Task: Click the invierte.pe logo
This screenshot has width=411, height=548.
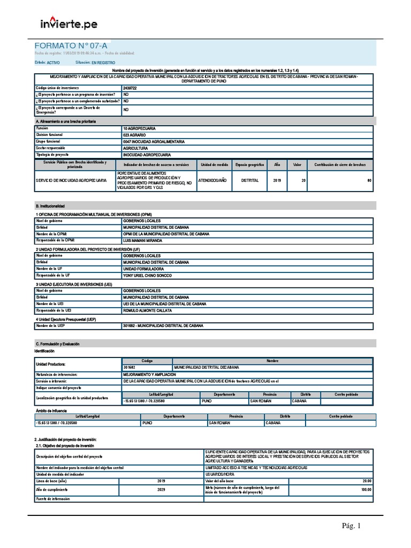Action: click(x=69, y=24)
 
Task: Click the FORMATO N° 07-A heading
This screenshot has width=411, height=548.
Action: click(x=67, y=46)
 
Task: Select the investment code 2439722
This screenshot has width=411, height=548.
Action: click(x=130, y=87)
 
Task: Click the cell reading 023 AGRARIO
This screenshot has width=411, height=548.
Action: click(x=134, y=135)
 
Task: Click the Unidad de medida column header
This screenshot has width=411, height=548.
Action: click(x=215, y=165)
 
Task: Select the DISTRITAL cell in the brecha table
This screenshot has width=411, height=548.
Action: click(x=250, y=180)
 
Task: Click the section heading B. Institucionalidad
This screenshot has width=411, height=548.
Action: click(x=50, y=205)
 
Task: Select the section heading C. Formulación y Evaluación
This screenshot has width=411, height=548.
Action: click(x=57, y=344)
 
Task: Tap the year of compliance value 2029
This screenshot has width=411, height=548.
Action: click(x=161, y=489)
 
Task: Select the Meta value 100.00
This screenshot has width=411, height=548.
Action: click(x=366, y=489)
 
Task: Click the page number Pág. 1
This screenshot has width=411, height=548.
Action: click(x=352, y=526)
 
